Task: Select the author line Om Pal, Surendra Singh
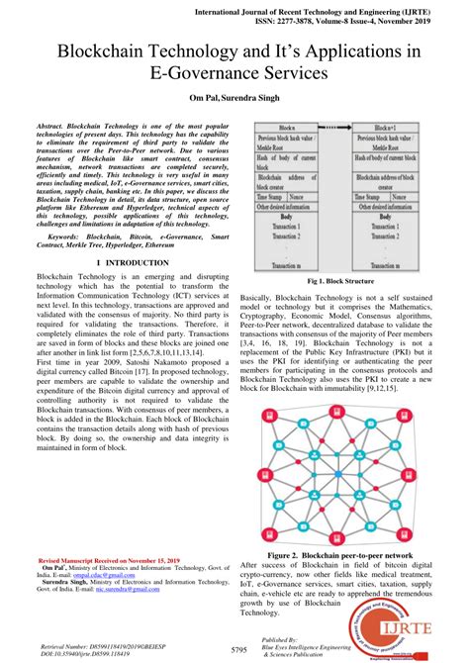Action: click(234, 100)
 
